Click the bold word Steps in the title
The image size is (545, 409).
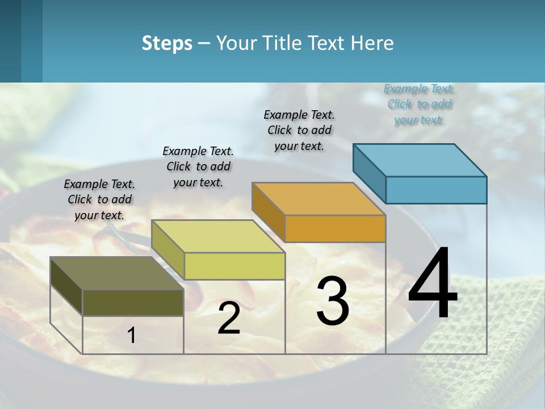(x=167, y=43)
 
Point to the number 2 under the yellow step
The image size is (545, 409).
(x=229, y=318)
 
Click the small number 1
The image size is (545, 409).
(x=132, y=335)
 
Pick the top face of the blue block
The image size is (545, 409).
(x=420, y=160)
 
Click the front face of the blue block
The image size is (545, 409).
(x=436, y=190)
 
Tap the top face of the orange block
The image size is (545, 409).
(x=319, y=199)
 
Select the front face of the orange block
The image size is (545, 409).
(x=335, y=229)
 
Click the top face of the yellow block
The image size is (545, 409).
(x=218, y=236)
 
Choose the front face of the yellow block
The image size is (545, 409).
(x=234, y=266)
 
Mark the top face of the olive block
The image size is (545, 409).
(x=117, y=273)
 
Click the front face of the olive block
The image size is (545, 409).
(x=133, y=303)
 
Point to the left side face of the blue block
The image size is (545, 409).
(x=369, y=170)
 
